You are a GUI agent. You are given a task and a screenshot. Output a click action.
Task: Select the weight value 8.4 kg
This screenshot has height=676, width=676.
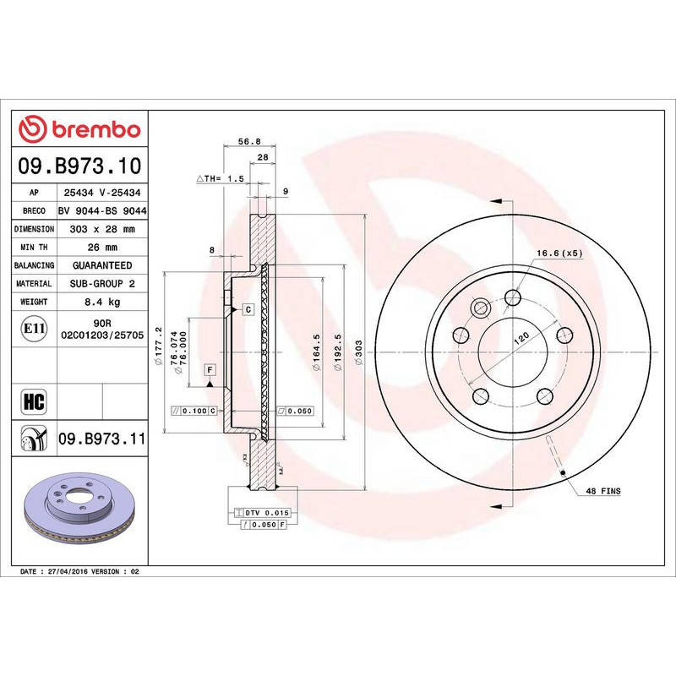(101, 302)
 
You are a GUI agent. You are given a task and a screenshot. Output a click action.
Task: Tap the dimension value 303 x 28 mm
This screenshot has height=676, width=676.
(101, 229)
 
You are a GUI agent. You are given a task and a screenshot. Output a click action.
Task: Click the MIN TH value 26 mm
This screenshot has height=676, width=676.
(101, 248)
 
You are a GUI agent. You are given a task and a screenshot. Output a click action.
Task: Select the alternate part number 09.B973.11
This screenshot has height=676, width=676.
(101, 439)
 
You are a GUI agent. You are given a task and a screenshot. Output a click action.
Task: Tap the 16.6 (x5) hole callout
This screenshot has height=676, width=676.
(559, 253)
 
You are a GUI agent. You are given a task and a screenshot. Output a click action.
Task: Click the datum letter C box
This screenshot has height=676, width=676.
(248, 310)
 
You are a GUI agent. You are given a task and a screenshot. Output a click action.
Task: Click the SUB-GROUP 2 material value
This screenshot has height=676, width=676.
(101, 284)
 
